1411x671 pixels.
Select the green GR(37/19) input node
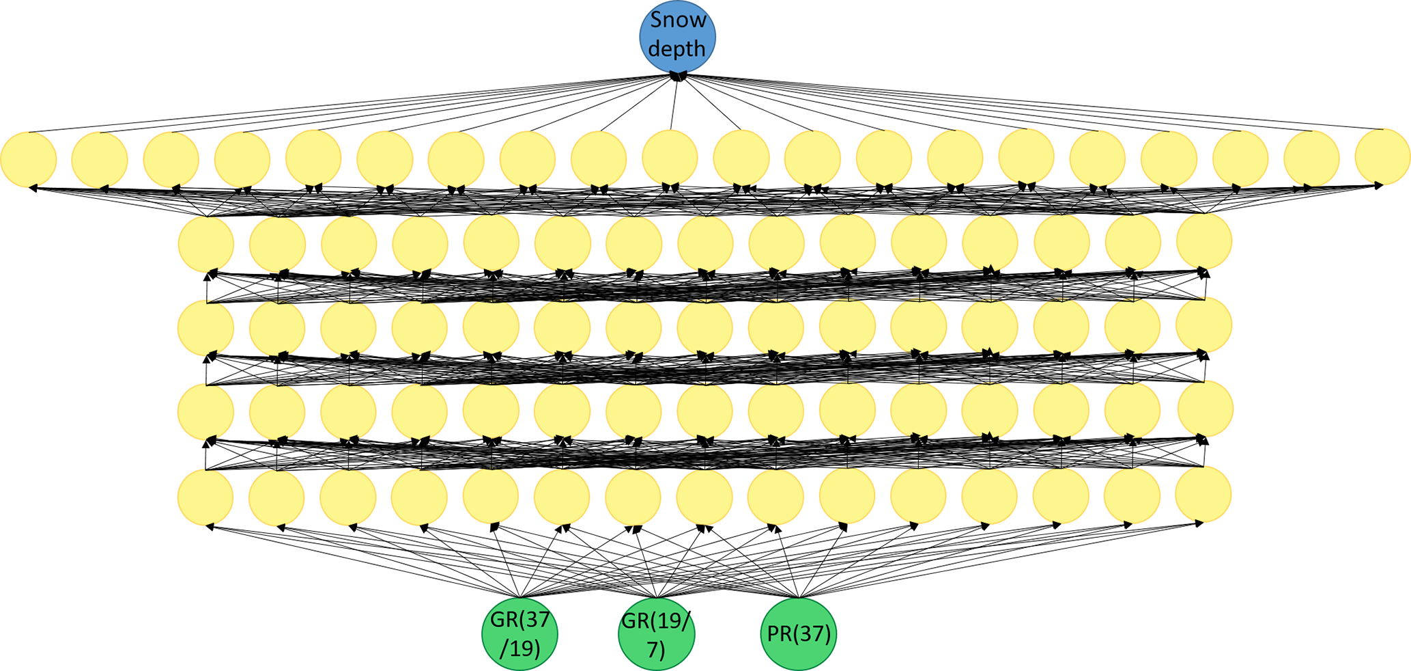click(x=519, y=633)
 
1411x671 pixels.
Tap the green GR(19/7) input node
click(x=656, y=633)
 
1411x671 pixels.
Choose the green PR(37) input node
click(x=798, y=633)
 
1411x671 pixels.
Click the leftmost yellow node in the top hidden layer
click(x=29, y=159)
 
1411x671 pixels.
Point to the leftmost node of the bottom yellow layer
click(x=205, y=497)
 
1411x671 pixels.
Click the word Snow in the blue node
click(x=678, y=20)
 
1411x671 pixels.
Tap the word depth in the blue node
click(x=676, y=49)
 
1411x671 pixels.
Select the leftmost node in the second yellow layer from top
click(x=206, y=244)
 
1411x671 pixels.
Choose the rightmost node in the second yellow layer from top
click(x=1204, y=241)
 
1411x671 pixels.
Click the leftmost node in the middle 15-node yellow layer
click(x=205, y=328)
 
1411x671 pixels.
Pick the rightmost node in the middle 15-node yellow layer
click(x=1204, y=325)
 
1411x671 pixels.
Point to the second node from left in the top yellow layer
click(x=100, y=159)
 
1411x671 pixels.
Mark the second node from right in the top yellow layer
click(x=1311, y=158)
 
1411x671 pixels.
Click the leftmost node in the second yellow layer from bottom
click(x=205, y=412)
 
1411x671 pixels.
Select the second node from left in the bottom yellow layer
click(x=276, y=497)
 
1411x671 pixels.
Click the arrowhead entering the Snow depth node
click(x=677, y=77)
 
